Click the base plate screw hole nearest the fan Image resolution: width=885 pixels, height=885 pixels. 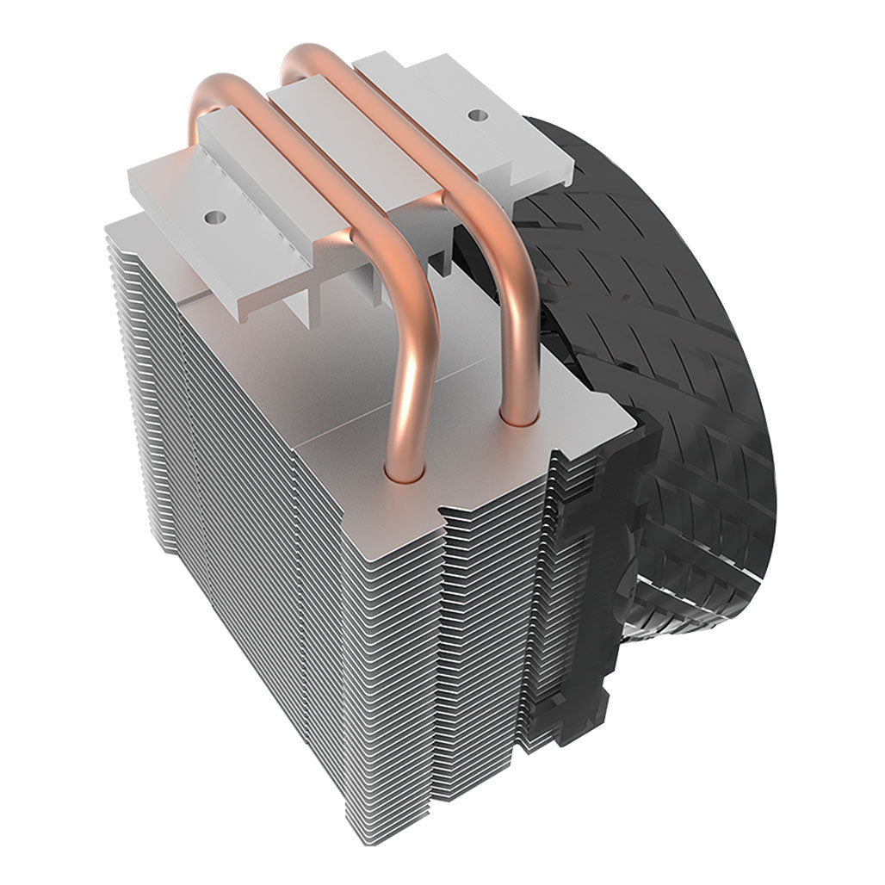click(473, 113)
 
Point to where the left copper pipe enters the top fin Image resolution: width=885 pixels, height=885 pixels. click(405, 469)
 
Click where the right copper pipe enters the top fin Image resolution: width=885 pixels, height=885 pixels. click(520, 419)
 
